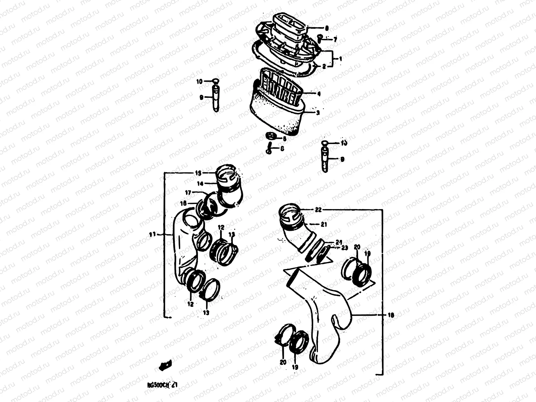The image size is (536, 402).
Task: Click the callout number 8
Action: pos(327,28)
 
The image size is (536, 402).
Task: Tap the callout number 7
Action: pos(335,40)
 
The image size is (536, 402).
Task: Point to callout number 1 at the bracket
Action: pos(340,58)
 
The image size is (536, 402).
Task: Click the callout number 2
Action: pos(324,66)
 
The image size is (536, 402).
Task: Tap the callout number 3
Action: pos(318,113)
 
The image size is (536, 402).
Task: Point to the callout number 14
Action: pos(200,183)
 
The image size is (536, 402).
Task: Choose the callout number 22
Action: pos(318,210)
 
